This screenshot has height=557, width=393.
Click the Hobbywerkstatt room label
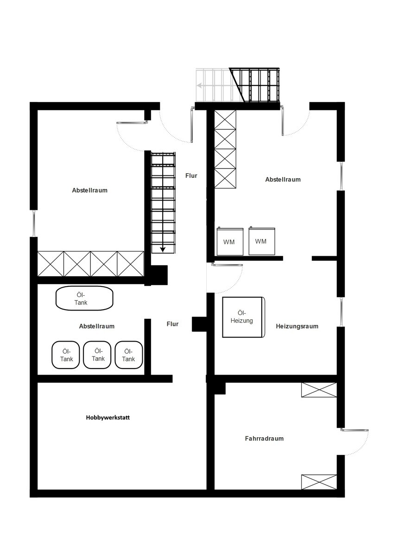[108, 417]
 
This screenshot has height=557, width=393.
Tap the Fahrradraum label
[264, 438]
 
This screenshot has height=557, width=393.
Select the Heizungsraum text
[297, 326]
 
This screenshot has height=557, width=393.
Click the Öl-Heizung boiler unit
[244, 317]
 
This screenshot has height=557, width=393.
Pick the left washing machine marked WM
[230, 241]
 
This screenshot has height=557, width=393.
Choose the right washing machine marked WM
[262, 241]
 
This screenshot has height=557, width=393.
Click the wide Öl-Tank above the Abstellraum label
[84, 298]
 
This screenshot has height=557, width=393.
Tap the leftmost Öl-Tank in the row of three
[66, 355]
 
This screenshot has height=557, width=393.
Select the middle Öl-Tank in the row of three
[97, 355]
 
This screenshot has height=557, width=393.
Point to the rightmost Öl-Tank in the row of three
[128, 355]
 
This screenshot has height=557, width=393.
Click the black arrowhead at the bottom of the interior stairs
[163, 249]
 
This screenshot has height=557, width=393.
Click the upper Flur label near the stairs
[191, 176]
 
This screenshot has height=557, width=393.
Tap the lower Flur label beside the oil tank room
[172, 324]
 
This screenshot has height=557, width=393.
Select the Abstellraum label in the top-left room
[89, 190]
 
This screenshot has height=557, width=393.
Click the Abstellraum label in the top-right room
[283, 180]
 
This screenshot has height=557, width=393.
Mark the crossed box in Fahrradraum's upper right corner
[319, 390]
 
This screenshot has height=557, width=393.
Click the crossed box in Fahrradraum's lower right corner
[319, 482]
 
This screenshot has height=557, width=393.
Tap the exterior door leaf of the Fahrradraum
[355, 430]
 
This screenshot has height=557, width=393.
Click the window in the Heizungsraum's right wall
[341, 312]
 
